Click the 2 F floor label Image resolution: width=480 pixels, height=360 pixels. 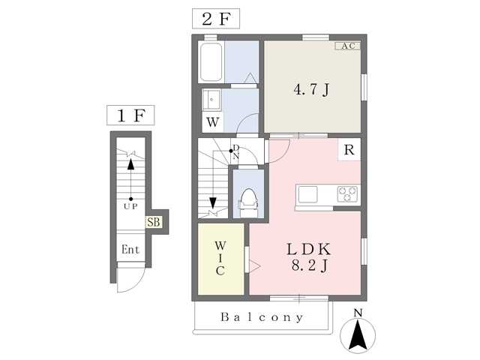coord(216,19)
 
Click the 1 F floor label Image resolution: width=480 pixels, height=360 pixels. coord(130,115)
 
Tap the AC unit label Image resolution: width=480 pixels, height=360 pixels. coord(348,46)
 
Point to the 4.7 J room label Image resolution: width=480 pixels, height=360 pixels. coord(311,89)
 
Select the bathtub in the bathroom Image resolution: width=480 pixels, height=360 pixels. coord(211,62)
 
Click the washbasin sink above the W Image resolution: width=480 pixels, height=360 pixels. coord(211,100)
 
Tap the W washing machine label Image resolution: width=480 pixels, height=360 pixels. coord(213,122)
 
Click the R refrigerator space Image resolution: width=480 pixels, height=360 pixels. coord(349,150)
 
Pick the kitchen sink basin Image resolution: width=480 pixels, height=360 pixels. coord(307,194)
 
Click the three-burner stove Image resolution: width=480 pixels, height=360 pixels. coord(347,194)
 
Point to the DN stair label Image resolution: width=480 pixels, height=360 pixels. coord(235,151)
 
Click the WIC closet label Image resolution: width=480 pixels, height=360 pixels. coord(220,258)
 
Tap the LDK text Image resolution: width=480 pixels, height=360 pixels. coord(308,250)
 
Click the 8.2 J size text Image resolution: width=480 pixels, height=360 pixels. coord(309,265)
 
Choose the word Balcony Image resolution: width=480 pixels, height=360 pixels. coord(262,317)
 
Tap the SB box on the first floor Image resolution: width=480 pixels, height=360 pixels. coord(153,222)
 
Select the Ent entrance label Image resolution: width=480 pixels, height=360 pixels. coord(130,250)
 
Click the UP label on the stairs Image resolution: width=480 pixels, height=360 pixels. coord(130,207)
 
